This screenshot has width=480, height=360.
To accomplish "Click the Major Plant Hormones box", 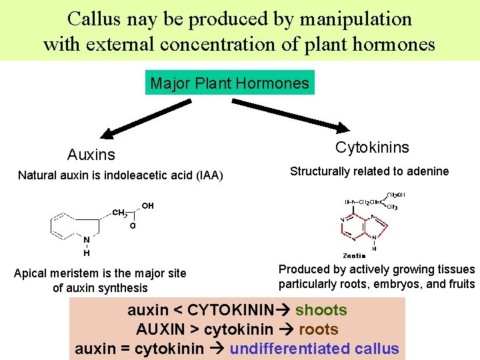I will click(230, 83).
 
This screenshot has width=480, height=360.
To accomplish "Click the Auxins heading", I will click(91, 155).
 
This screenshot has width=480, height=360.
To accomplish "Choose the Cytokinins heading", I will click(372, 147).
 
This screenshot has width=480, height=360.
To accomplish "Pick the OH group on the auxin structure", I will click(147, 205).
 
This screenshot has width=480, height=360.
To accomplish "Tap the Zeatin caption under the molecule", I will click(354, 255).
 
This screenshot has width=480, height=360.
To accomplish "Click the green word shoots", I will click(321, 310).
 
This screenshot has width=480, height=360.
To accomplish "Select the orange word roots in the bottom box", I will click(319, 329).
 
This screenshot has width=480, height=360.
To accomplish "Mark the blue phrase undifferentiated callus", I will click(315, 349).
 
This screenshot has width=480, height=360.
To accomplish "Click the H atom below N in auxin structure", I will click(87, 253).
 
